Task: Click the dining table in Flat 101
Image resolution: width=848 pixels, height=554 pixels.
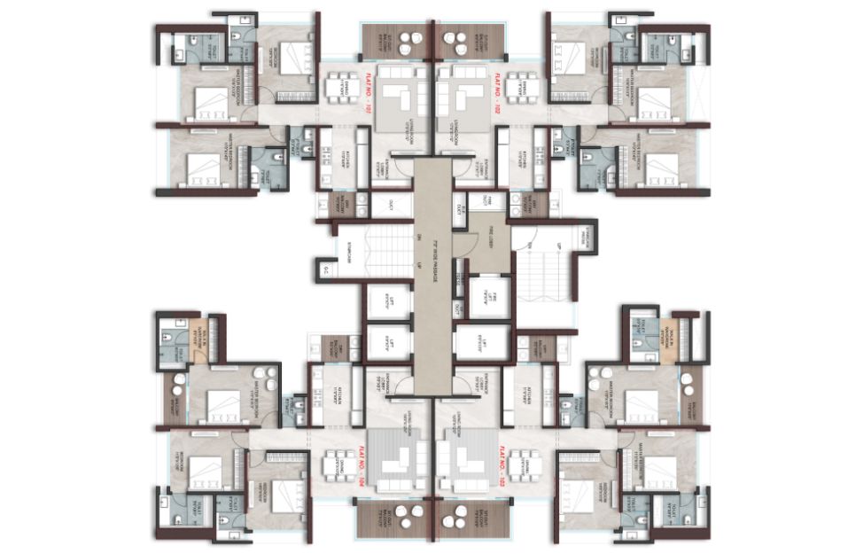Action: point(336,90)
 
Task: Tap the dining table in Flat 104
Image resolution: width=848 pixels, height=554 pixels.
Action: point(336,464)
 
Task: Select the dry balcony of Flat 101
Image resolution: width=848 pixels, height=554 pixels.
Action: point(342,205)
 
